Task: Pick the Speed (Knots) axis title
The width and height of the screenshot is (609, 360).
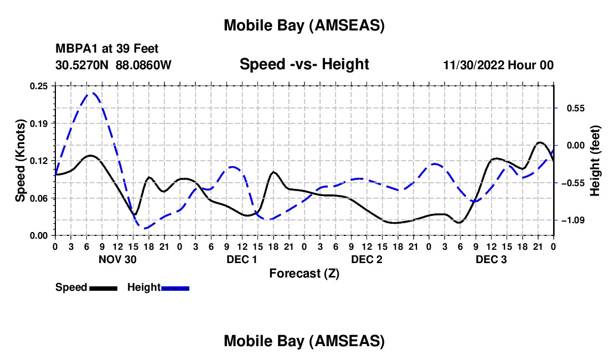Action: point(20,161)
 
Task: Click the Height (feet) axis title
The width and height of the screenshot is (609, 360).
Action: point(595,161)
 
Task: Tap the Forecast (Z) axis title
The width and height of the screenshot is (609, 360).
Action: point(304,273)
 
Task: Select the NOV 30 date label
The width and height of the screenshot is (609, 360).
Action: point(117,259)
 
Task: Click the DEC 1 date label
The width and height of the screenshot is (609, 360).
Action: point(242,259)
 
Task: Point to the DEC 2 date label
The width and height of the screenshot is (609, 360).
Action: point(367,259)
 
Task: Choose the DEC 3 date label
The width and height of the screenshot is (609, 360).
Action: point(491,259)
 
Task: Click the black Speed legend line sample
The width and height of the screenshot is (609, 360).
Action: point(103,287)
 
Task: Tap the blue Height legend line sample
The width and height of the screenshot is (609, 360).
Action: point(176,287)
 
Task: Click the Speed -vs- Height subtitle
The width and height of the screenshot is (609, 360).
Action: point(304,65)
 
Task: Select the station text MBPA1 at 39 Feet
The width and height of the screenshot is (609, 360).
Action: point(107,49)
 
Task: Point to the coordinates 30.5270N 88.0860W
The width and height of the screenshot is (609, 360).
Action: point(113,65)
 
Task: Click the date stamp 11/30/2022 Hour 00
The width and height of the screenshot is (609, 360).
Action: point(498,65)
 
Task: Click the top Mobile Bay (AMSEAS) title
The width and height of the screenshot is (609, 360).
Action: point(304,25)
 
